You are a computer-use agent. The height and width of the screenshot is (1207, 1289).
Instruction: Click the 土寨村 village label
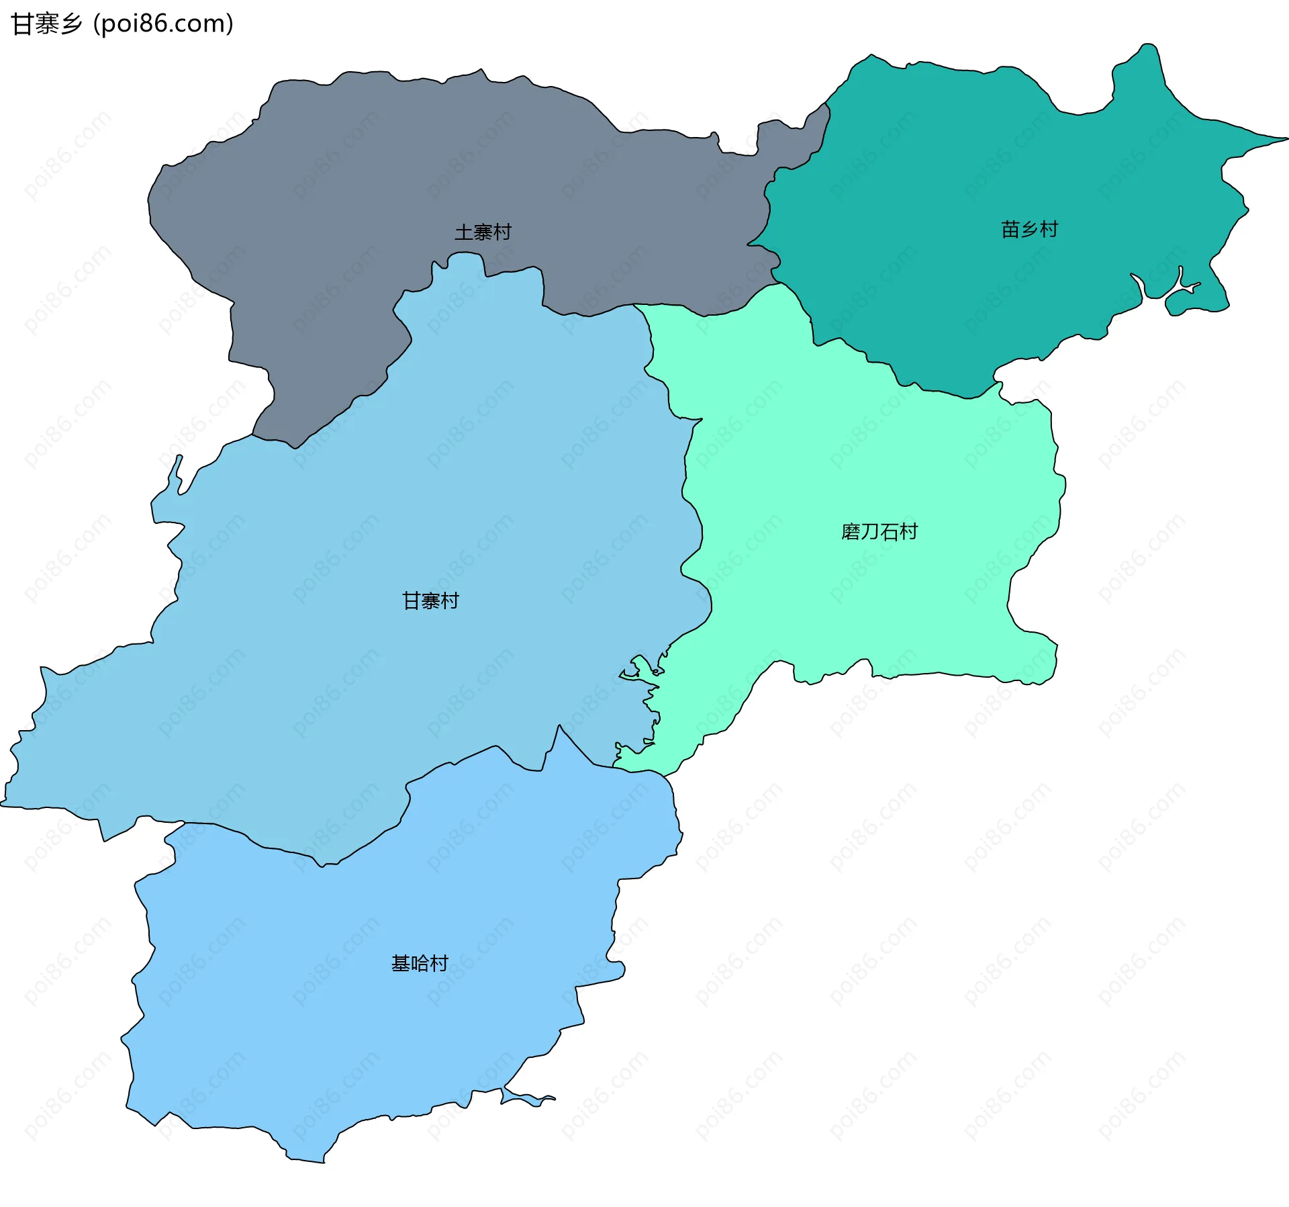[x=483, y=232]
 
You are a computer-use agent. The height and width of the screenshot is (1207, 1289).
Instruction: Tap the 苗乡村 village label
[x=1029, y=230]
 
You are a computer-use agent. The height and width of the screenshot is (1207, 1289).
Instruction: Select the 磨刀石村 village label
[x=879, y=532]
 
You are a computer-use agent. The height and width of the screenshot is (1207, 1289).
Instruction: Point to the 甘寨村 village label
[x=430, y=600]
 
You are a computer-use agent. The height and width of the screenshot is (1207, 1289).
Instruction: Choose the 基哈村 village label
[x=420, y=964]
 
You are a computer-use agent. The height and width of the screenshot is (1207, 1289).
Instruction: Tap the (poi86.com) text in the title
[x=163, y=24]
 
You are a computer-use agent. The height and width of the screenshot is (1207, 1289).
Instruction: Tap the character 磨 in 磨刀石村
[x=851, y=532]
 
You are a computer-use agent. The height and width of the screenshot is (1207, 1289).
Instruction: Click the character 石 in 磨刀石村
[x=890, y=532]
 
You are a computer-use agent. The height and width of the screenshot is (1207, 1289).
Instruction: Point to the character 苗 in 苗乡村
[x=1010, y=230]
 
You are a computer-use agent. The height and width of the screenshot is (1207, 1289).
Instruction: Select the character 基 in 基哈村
[x=401, y=964]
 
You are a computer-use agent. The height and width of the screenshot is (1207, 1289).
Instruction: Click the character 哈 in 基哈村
[x=420, y=964]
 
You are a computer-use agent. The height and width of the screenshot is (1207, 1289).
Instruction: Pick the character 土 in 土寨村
[x=464, y=232]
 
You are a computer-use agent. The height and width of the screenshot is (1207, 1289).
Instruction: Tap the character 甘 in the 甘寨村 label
[x=412, y=600]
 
